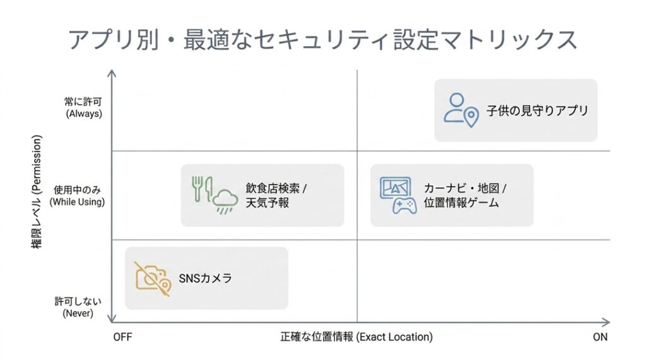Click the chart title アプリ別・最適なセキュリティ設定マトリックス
click(322, 39)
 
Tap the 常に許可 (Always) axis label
click(83, 108)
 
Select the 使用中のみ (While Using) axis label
click(77, 195)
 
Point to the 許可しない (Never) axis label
click(78, 307)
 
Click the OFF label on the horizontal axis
click(122, 337)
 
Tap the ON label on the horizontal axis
click(600, 337)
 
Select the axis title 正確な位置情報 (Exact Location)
click(356, 337)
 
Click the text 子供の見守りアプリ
click(537, 110)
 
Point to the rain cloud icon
click(224, 203)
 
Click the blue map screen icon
click(396, 187)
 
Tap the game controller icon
click(404, 206)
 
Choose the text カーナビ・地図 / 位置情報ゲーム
click(465, 195)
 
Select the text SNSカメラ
click(206, 278)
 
